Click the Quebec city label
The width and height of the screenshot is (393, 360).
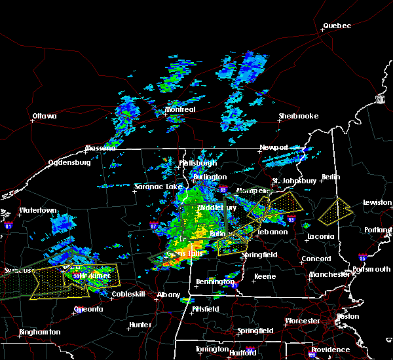coord(337,26)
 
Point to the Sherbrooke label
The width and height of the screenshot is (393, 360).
coord(298,116)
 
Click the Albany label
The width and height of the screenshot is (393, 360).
coord(168,295)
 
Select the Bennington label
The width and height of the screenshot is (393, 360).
coord(215,281)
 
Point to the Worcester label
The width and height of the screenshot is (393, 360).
coord(303,321)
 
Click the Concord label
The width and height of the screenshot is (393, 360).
coord(316,259)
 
